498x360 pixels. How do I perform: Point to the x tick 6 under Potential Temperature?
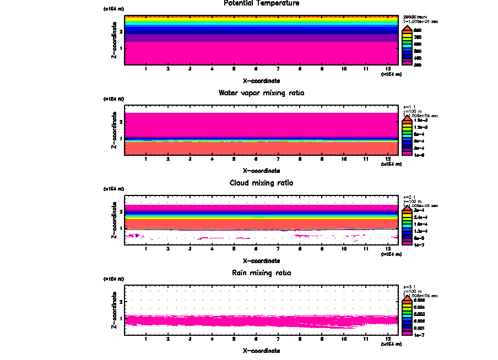click(256, 69)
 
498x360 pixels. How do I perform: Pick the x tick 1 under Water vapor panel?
click(146, 159)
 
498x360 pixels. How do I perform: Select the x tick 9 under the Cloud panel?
click(322, 249)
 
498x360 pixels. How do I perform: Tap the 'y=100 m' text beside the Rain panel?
click(412, 292)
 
